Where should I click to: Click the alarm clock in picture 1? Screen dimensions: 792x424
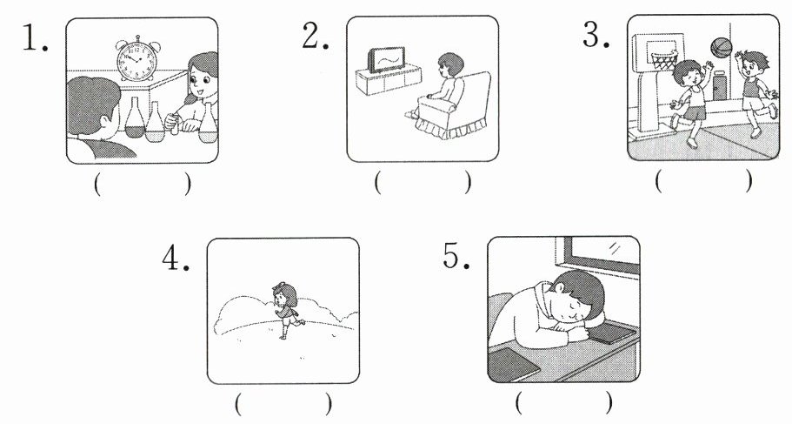click(x=136, y=58)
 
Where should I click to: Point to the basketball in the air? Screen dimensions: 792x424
click(x=721, y=47)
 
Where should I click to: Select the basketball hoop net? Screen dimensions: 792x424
click(x=663, y=61)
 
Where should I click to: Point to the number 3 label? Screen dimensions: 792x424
click(x=596, y=35)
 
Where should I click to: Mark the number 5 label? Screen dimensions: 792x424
click(x=456, y=255)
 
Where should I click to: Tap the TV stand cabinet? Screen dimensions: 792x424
click(x=389, y=79)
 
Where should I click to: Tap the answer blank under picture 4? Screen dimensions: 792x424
click(x=283, y=404)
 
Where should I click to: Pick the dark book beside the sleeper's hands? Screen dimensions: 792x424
click(x=611, y=333)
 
